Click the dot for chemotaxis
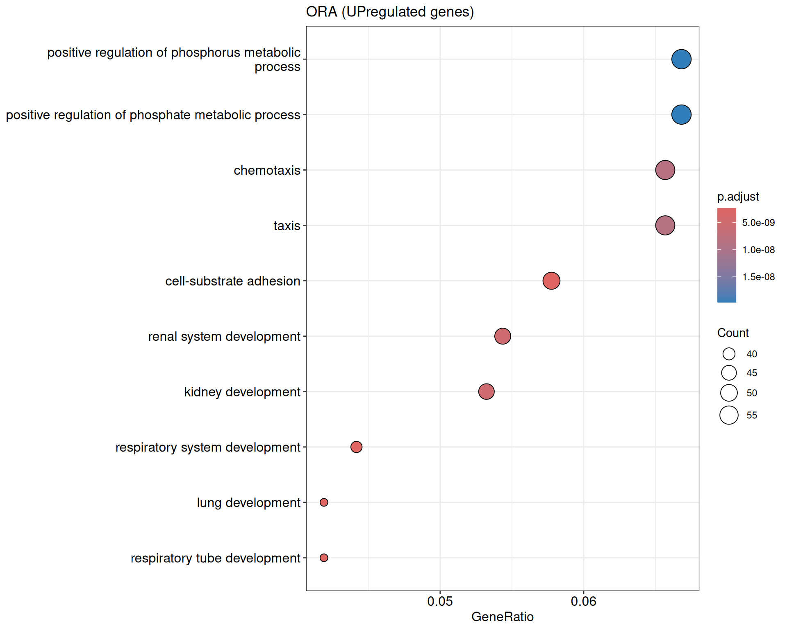[665, 170]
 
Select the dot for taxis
[665, 225]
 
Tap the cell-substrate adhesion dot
[551, 281]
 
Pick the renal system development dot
[503, 336]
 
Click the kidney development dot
[486, 392]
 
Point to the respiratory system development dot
[356, 447]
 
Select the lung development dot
[324, 502]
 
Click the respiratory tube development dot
[324, 558]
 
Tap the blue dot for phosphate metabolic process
[681, 114]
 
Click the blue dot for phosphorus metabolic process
[681, 59]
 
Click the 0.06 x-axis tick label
[583, 601]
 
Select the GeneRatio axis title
[503, 616]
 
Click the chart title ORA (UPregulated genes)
[390, 12]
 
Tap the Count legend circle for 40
[729, 354]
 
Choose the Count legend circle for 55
[729, 415]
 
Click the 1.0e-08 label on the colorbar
[758, 250]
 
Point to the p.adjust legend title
[738, 197]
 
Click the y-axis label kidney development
[242, 392]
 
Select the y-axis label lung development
[248, 503]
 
